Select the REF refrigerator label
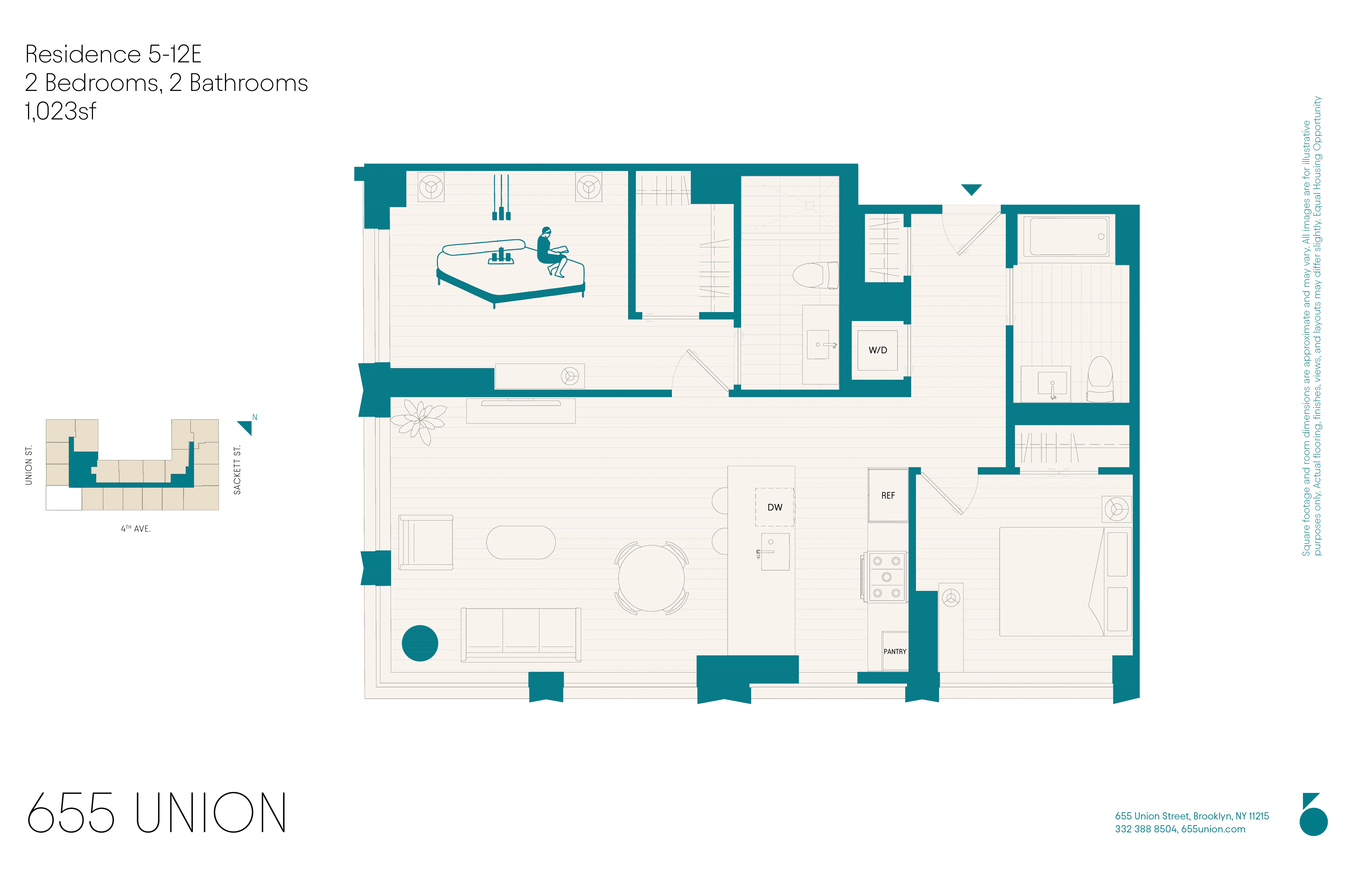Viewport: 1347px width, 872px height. [x=887, y=495]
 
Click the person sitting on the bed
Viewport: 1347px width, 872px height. [x=550, y=252]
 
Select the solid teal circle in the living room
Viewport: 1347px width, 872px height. [x=419, y=643]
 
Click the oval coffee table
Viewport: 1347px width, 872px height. [x=521, y=542]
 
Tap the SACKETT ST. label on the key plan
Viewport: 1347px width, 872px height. [x=237, y=470]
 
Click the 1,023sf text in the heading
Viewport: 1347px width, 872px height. [x=60, y=111]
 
